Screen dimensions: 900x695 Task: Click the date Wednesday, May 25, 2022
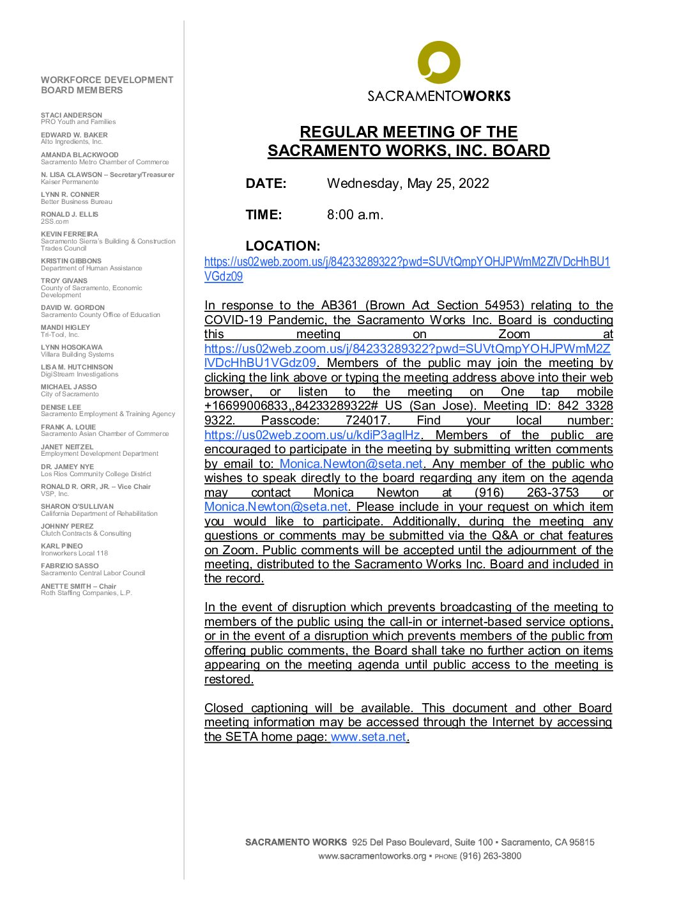click(x=408, y=183)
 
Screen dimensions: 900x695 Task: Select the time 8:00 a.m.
click(x=355, y=215)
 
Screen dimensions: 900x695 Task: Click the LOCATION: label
click(x=282, y=246)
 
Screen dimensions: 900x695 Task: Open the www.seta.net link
click(x=369, y=737)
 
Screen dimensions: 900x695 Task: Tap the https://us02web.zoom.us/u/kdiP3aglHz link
click(x=312, y=435)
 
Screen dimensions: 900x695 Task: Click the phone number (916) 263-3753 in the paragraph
click(x=526, y=493)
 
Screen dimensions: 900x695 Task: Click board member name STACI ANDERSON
click(x=72, y=115)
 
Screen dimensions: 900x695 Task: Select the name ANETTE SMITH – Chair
click(x=79, y=586)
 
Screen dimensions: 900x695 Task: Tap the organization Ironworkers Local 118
click(x=75, y=554)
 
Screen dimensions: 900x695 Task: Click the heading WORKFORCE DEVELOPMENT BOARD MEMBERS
click(x=107, y=85)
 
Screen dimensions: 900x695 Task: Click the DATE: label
click(x=266, y=183)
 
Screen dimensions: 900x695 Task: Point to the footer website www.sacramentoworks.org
click(x=372, y=856)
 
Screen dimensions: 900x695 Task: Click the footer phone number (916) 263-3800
click(x=491, y=856)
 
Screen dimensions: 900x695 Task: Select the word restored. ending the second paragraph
click(x=229, y=679)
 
